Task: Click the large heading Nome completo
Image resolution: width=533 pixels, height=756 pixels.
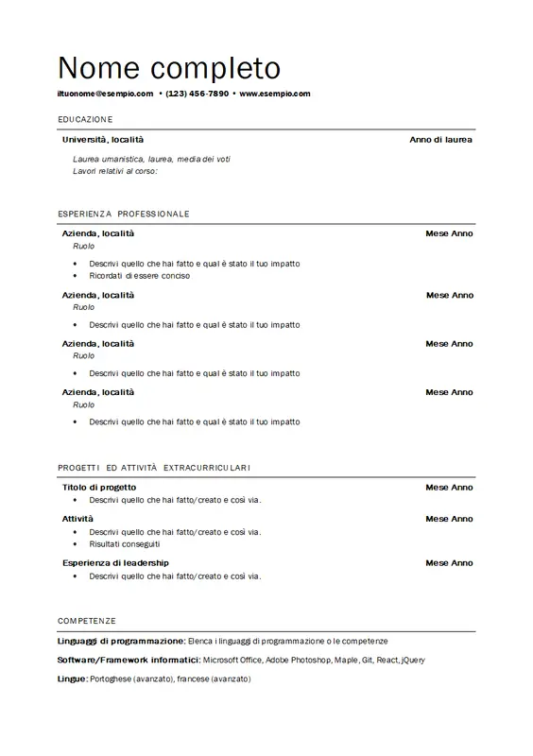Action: click(169, 67)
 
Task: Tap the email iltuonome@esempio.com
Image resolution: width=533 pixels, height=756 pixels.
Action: click(105, 94)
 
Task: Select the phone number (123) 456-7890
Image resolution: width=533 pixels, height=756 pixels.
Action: click(197, 94)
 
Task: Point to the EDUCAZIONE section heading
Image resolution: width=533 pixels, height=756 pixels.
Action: click(85, 119)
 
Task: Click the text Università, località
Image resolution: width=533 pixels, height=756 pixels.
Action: click(103, 140)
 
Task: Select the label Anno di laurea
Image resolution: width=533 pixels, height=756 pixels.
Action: click(440, 140)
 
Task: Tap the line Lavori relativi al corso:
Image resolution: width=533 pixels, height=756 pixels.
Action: click(114, 171)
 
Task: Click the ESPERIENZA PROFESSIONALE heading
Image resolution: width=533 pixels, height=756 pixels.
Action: click(123, 214)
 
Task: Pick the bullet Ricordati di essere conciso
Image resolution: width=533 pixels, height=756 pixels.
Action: click(140, 276)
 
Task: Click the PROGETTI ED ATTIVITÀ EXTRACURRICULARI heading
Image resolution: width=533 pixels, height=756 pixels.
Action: click(153, 468)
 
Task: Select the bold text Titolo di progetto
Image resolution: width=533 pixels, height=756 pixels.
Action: click(99, 488)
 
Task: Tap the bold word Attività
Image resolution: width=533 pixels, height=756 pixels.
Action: click(77, 519)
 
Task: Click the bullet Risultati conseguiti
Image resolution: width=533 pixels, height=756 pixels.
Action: click(125, 544)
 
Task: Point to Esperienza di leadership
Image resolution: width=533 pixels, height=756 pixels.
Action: click(115, 563)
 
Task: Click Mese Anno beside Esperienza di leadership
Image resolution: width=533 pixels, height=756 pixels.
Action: click(449, 563)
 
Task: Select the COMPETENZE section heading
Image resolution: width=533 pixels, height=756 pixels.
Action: click(86, 621)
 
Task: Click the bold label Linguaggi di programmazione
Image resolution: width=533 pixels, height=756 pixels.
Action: click(121, 641)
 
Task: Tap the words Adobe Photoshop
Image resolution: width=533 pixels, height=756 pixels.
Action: click(295, 660)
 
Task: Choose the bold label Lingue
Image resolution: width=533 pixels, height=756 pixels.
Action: click(72, 679)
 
